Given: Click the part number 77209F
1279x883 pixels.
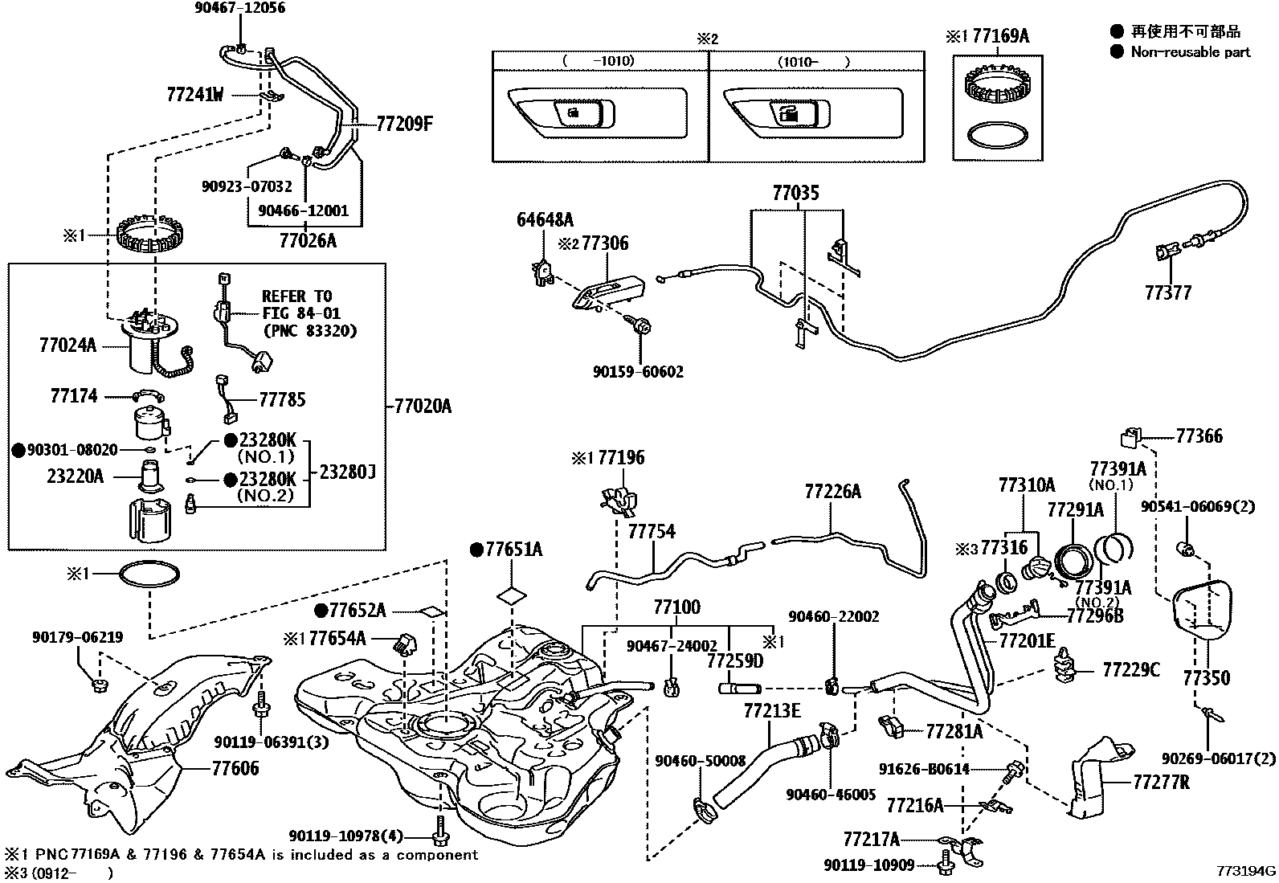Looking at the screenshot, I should pos(405,125).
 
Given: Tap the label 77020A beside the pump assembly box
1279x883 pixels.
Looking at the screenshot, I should pos(423,407).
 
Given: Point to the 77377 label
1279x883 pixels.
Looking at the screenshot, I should pos(1168,293).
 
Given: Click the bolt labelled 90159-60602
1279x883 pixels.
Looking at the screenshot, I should pos(641,326).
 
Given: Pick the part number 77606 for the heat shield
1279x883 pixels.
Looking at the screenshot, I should pos(235,768).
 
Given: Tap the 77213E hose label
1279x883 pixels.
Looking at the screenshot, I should pos(771,710).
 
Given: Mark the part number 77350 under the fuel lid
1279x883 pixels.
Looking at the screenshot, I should pos(1205,678).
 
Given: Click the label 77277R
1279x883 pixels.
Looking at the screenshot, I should pos(1161,781).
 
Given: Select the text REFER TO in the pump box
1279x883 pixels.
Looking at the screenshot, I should pos(296,296).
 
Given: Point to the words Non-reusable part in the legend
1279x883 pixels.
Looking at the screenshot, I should pos(1191,52).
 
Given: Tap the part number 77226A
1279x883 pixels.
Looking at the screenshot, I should pos(832,492).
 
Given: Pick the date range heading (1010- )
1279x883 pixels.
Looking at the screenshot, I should pos(813,61).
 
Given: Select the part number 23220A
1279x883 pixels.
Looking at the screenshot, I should pos(76,476).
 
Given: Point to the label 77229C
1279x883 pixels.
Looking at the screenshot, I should pos(1130,669).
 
